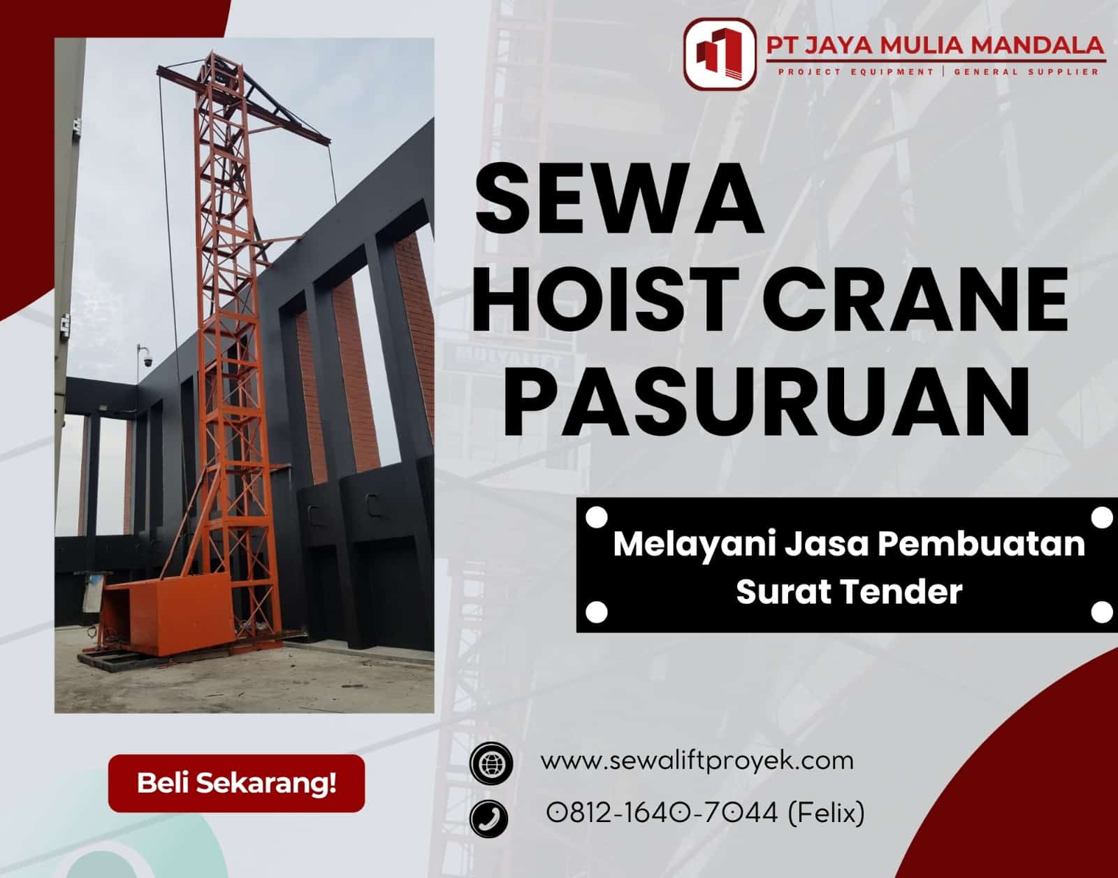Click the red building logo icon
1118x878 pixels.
point(720,54)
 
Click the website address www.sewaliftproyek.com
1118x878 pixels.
point(697,760)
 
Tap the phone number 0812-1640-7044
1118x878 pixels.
point(662,812)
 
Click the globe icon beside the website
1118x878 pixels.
point(491,762)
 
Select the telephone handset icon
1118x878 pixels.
point(489,816)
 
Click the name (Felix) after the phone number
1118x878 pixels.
point(826,812)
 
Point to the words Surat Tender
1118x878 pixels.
point(849,592)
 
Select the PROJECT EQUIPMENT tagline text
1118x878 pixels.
point(855,71)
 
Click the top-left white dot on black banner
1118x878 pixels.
point(595,518)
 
